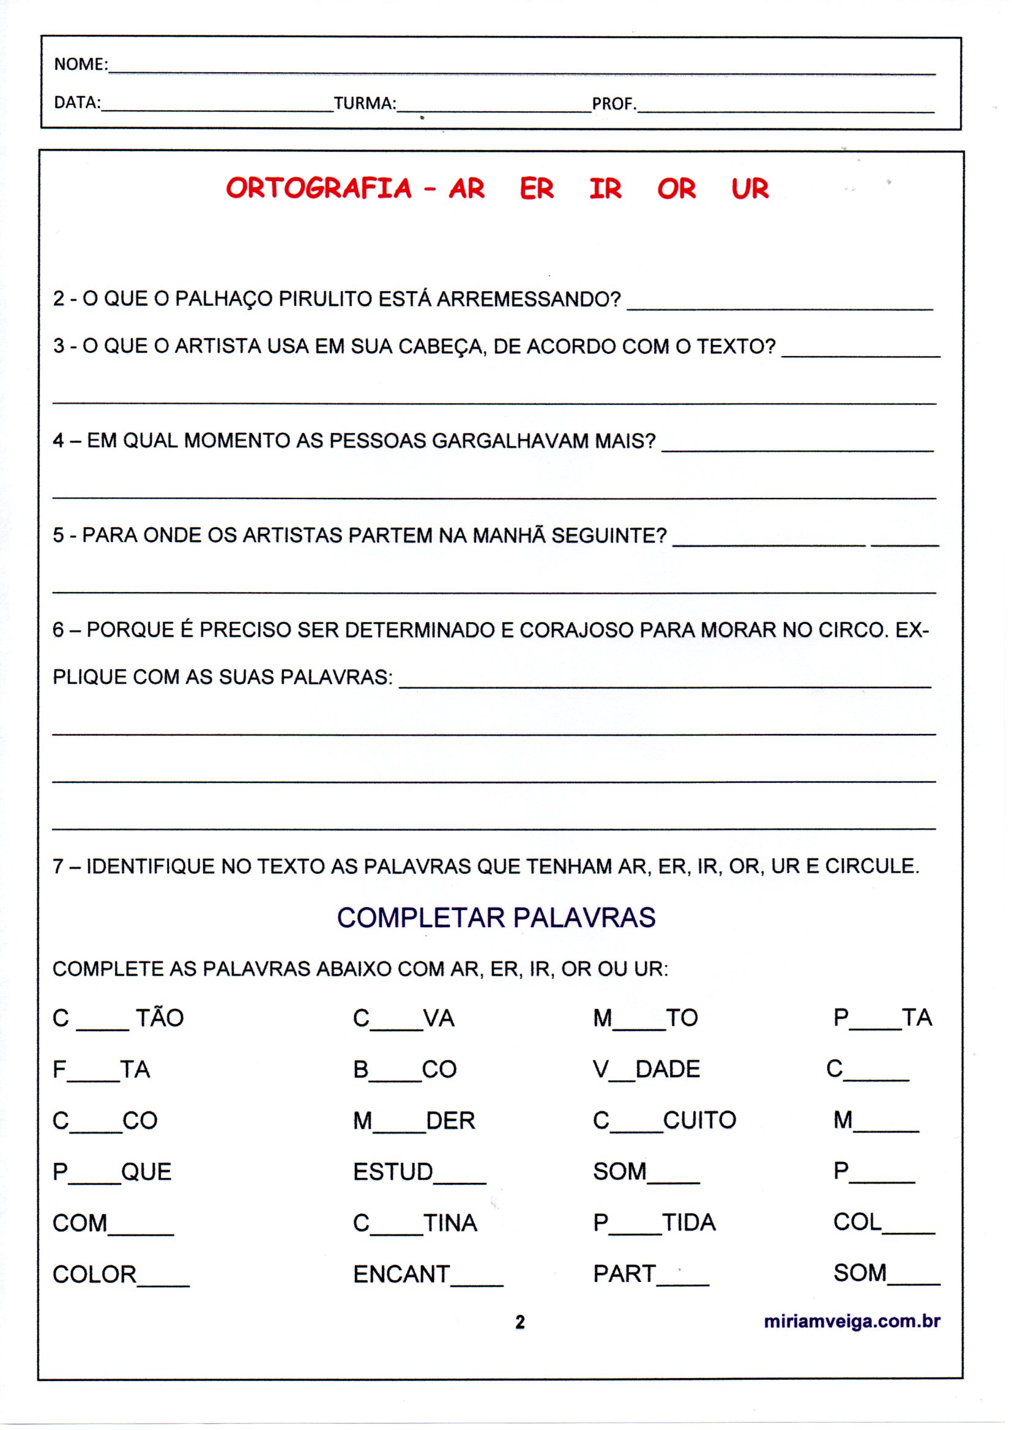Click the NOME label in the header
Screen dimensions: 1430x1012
point(80,64)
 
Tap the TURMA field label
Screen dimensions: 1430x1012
point(365,103)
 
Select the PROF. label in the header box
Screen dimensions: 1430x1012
point(614,103)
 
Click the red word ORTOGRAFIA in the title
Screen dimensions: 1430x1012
point(318,189)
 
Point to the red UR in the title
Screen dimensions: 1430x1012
point(750,189)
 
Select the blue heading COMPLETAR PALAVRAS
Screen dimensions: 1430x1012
point(496,918)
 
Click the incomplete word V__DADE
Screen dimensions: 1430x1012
point(646,1069)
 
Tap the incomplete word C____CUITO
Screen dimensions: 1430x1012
point(664,1121)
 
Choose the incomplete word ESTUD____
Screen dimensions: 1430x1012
point(419,1172)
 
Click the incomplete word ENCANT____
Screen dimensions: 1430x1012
point(428,1274)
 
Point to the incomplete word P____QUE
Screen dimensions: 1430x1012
point(111,1172)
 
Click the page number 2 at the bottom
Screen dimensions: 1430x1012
point(519,1322)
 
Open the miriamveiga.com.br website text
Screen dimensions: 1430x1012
point(851,1322)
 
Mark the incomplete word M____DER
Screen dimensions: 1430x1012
point(414,1121)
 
